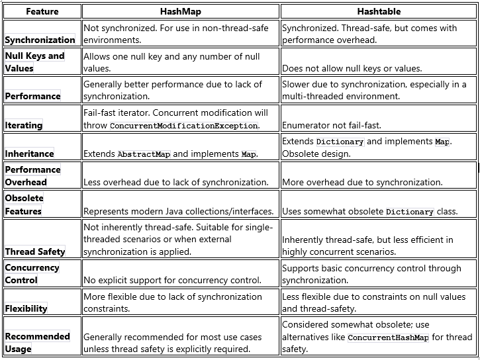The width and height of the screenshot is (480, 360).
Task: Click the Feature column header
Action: pos(42,11)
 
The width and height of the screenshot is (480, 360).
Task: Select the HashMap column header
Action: pos(180,11)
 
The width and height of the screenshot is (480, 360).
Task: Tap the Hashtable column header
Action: pos(379,11)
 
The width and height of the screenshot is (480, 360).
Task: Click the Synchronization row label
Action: pos(40,40)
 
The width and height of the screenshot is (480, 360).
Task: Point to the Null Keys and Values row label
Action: pos(34,62)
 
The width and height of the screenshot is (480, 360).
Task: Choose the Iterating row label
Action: pos(24,125)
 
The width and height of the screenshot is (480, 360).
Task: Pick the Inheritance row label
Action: pos(30,154)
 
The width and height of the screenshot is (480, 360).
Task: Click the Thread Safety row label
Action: pos(35,251)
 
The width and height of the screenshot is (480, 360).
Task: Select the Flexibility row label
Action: pos(26,308)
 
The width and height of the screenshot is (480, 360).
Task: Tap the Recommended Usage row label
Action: pos(37,342)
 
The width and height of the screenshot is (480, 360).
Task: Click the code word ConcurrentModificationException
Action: pos(183,126)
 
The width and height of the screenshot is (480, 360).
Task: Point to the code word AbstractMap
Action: pos(144,154)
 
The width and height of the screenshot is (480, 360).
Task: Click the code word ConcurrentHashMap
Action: pos(388,338)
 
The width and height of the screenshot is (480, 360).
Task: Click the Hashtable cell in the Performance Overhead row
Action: pos(362,182)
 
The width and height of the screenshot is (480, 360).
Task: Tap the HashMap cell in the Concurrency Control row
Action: pos(172,280)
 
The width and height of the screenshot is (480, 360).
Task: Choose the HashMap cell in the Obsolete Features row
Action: pos(178,212)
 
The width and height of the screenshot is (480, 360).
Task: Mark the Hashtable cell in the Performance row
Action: pos(374,90)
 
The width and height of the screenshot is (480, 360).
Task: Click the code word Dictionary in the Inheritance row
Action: pos(340,142)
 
